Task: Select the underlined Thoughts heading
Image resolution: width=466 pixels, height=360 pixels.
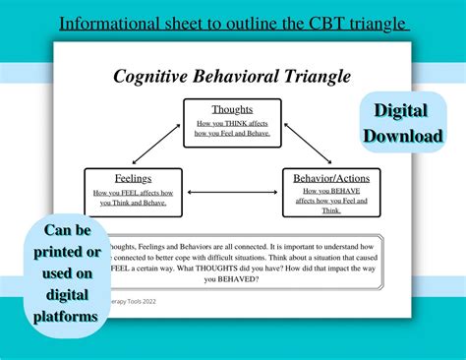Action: pyautogui.click(x=232, y=109)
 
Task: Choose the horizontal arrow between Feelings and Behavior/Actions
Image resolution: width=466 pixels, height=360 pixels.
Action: pyautogui.click(x=232, y=192)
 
